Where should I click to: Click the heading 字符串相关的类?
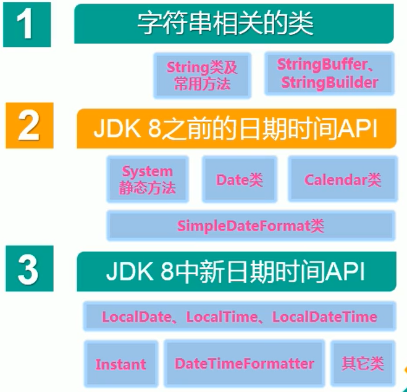click(x=225, y=24)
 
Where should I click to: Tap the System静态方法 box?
click(x=147, y=179)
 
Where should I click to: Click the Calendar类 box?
click(x=342, y=180)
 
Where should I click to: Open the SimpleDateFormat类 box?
click(x=250, y=226)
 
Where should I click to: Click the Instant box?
click(x=121, y=364)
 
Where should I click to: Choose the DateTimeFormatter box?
click(x=245, y=364)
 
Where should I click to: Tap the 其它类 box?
click(x=363, y=363)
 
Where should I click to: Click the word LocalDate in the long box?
click(x=136, y=317)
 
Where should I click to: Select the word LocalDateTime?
click(x=324, y=317)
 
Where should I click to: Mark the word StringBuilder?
click(x=329, y=82)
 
